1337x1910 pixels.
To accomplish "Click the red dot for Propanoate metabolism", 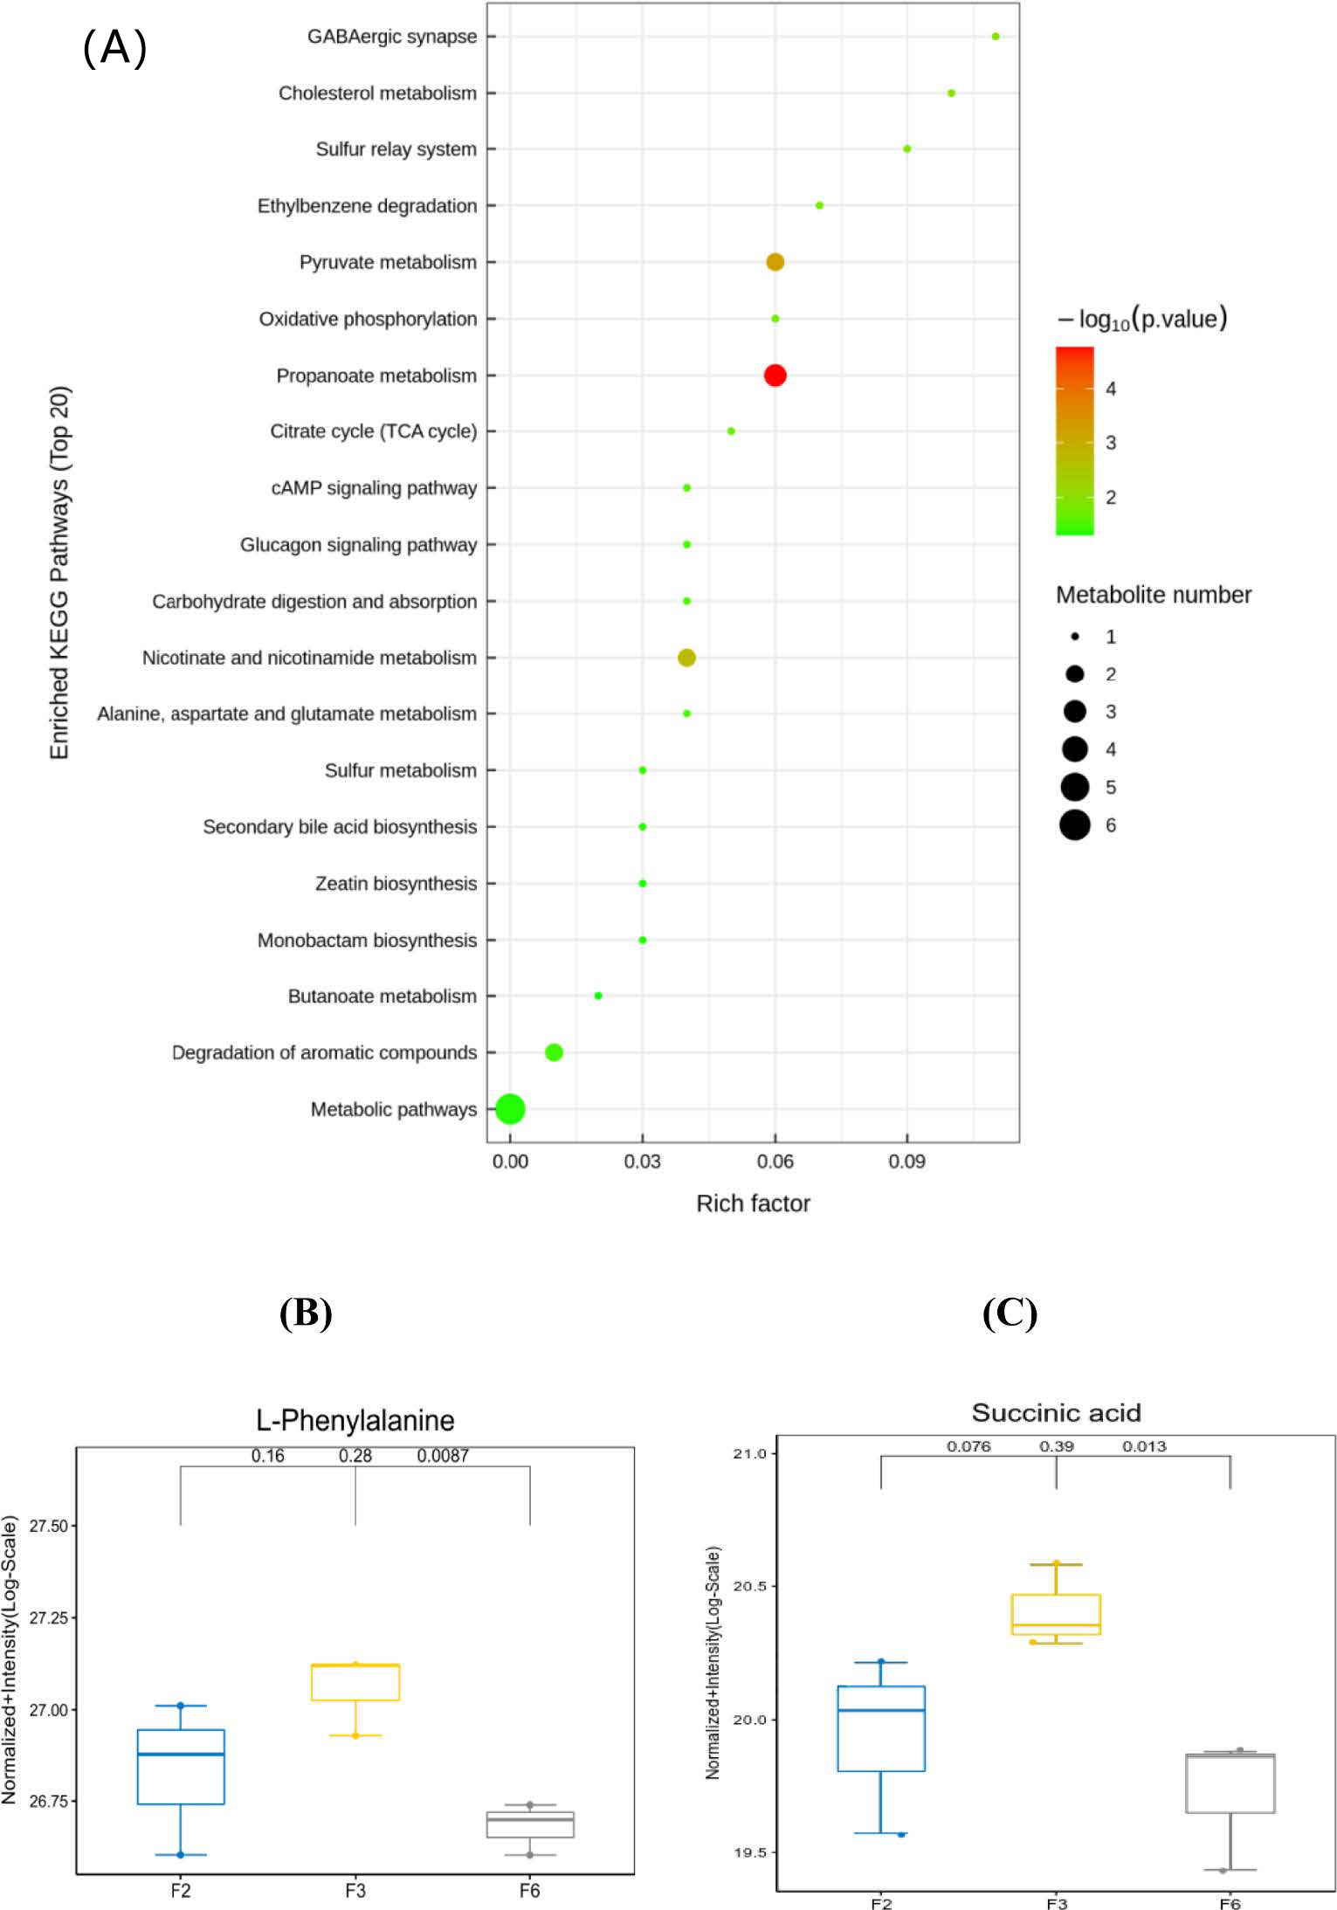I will (775, 376).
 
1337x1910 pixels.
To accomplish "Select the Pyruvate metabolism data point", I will (775, 262).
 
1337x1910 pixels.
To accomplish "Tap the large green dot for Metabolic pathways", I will (510, 1109).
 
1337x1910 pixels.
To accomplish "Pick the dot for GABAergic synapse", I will (996, 37).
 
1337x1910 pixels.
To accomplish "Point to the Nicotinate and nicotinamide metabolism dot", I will (686, 658).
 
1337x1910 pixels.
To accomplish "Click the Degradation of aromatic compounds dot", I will (554, 1052).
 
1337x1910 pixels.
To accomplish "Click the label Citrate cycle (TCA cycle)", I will (373, 431).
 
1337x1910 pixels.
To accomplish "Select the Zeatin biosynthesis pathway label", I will (396, 884).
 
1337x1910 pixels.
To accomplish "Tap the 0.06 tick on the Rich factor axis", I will (775, 1162).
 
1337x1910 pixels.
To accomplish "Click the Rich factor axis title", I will (753, 1203).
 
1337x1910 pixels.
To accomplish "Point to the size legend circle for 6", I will (1075, 825).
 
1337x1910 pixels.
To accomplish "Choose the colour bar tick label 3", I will (1111, 443).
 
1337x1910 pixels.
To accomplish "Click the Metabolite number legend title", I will (1153, 595).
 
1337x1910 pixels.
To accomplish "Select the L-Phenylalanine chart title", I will (355, 1420).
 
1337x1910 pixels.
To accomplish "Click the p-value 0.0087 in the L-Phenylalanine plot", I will (443, 1456).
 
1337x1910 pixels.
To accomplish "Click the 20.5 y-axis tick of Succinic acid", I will (748, 1586).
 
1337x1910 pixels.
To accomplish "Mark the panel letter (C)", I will (1010, 1313).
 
